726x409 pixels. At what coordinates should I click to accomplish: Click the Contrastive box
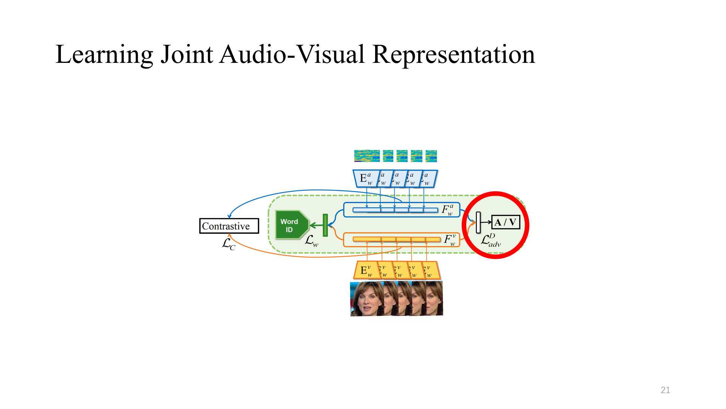[x=229, y=226]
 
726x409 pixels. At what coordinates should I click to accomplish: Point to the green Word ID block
[x=290, y=225]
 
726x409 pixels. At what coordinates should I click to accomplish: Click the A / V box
[x=506, y=222]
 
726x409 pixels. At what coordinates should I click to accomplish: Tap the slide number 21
[x=665, y=390]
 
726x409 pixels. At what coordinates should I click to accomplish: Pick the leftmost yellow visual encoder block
[x=366, y=270]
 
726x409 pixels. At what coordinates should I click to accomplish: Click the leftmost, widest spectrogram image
[x=367, y=156]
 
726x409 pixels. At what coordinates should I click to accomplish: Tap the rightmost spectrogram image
[x=431, y=156]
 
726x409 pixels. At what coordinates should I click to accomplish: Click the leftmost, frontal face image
[x=366, y=299]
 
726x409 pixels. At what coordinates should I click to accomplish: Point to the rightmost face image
[x=435, y=299]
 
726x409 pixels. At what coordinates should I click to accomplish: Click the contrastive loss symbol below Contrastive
[x=228, y=244]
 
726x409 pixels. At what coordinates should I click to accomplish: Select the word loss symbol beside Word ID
[x=312, y=241]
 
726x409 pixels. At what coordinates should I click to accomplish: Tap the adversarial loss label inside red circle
[x=491, y=240]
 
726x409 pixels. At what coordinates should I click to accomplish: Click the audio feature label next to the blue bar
[x=447, y=210]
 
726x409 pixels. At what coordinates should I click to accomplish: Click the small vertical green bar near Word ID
[x=325, y=225]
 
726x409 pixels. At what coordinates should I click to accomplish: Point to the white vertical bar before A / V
[x=478, y=222]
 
